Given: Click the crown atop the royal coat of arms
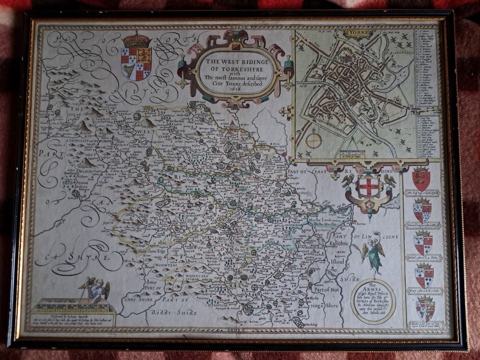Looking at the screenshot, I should (136, 39).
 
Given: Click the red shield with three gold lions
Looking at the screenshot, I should (421, 179).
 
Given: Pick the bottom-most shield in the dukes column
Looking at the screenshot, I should (425, 309).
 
